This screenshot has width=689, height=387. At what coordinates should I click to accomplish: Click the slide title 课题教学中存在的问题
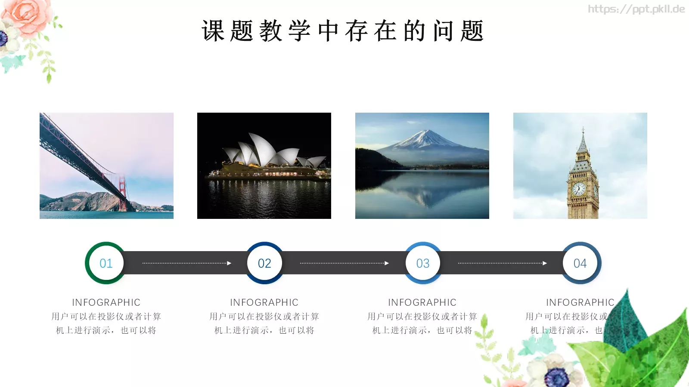[x=343, y=31]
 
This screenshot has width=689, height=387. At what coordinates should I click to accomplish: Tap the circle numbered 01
[x=106, y=263]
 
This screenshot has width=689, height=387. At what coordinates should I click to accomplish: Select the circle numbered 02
[x=264, y=263]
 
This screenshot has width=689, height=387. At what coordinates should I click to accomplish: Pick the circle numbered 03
[x=423, y=263]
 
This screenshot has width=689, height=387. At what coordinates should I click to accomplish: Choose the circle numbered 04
[x=580, y=263]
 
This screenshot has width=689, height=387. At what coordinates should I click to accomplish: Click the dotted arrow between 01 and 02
[x=186, y=263]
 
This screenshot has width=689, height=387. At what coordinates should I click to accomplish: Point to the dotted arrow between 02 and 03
[x=344, y=263]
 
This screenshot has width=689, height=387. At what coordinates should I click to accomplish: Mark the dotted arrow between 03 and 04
[x=502, y=263]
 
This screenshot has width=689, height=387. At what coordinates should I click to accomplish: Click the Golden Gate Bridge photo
[x=106, y=166]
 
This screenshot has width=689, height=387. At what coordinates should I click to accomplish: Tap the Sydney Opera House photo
[x=264, y=166]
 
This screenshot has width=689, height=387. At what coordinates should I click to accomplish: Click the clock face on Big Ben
[x=578, y=188]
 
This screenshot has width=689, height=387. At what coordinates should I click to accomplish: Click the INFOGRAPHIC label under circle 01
[x=106, y=302]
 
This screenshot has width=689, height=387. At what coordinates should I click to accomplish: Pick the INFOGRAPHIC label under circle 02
[x=264, y=302]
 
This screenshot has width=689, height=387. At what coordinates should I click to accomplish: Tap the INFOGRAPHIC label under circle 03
[x=422, y=302]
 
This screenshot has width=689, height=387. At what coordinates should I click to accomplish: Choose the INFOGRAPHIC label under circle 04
[x=580, y=302]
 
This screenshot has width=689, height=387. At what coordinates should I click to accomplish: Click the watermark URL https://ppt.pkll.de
[x=636, y=9]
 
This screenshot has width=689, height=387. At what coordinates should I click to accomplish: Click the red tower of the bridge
[x=122, y=193]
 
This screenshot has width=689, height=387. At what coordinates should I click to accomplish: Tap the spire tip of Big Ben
[x=583, y=129]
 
